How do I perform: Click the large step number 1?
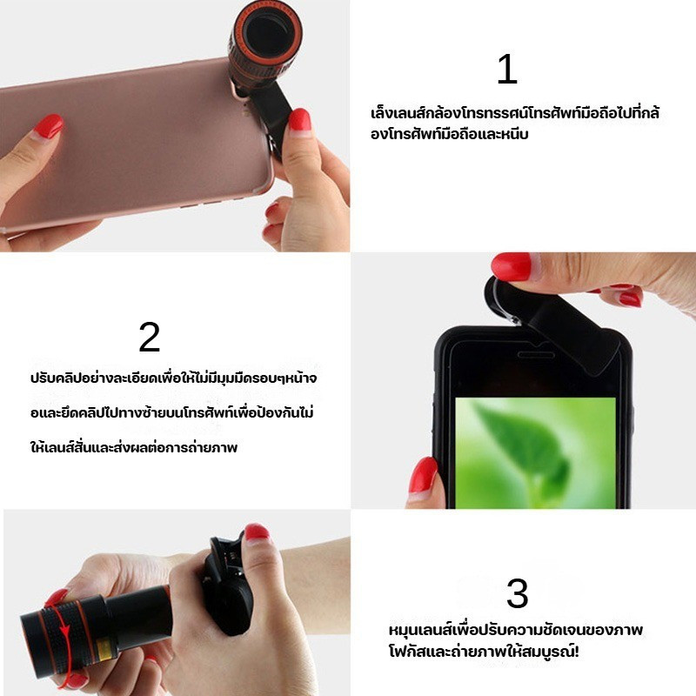[x=508, y=69]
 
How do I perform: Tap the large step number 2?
[x=149, y=337]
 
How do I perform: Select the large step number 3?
[x=518, y=593]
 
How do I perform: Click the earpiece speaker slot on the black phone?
[x=536, y=355]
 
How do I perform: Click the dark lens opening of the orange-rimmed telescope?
[x=267, y=34]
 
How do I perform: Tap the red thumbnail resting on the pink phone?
[x=49, y=126]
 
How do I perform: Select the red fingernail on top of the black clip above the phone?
[x=512, y=266]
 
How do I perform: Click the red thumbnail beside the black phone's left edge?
[x=423, y=475]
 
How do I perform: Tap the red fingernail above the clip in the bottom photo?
[x=257, y=532]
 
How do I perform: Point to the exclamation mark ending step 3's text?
[x=576, y=652]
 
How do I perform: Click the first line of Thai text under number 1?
[x=515, y=113]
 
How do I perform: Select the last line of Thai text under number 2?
[x=134, y=446]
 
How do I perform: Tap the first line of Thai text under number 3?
[x=516, y=629]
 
